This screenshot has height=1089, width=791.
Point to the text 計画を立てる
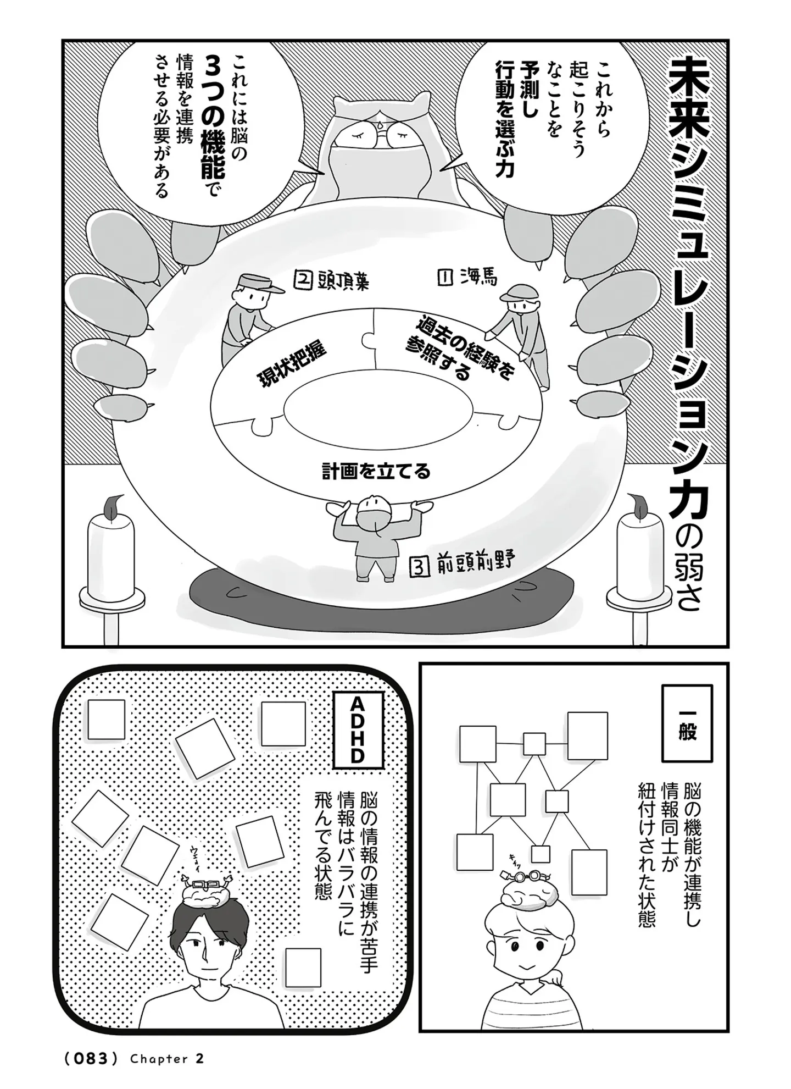click(376, 472)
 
